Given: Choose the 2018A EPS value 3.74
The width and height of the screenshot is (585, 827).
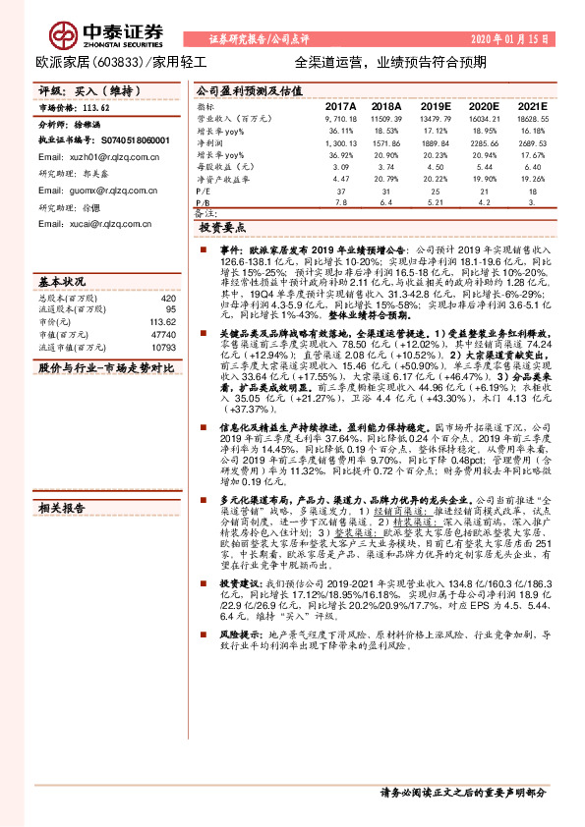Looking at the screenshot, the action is click(x=388, y=166).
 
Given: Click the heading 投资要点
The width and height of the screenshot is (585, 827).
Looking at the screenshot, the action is click(x=219, y=227).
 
